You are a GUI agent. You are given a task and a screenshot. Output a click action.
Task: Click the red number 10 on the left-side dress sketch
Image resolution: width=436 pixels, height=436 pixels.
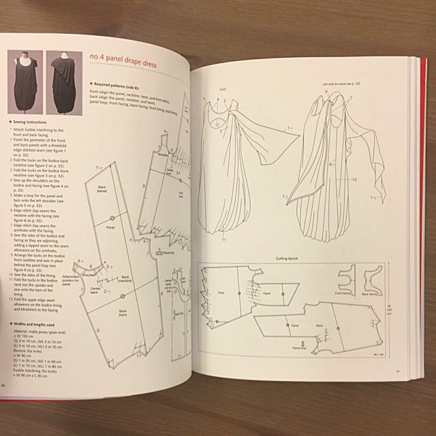354,180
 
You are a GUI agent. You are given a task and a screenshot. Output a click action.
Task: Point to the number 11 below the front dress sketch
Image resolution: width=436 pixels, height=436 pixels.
223,240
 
